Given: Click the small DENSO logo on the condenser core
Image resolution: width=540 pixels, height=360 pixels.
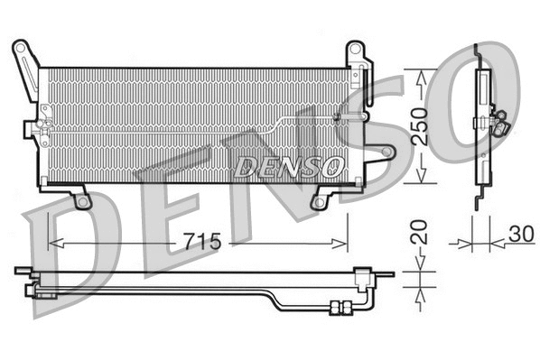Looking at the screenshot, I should [289, 166].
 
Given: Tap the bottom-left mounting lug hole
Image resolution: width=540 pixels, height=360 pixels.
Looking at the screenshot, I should [83, 201].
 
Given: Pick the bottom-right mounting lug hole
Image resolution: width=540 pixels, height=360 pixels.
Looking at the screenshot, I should [318, 201].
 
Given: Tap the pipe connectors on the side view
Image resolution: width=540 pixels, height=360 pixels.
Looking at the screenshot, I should [498, 121].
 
